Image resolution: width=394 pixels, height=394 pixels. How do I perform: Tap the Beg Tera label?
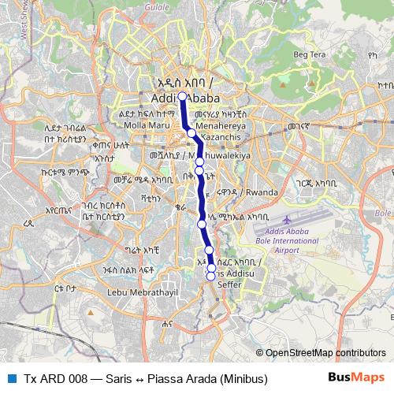tap(310, 54)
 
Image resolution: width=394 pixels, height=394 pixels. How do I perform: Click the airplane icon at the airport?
tap(285, 217)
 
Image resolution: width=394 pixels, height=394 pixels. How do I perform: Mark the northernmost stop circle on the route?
tap(182, 97)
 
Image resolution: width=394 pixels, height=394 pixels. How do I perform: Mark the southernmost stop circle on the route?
tap(210, 275)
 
